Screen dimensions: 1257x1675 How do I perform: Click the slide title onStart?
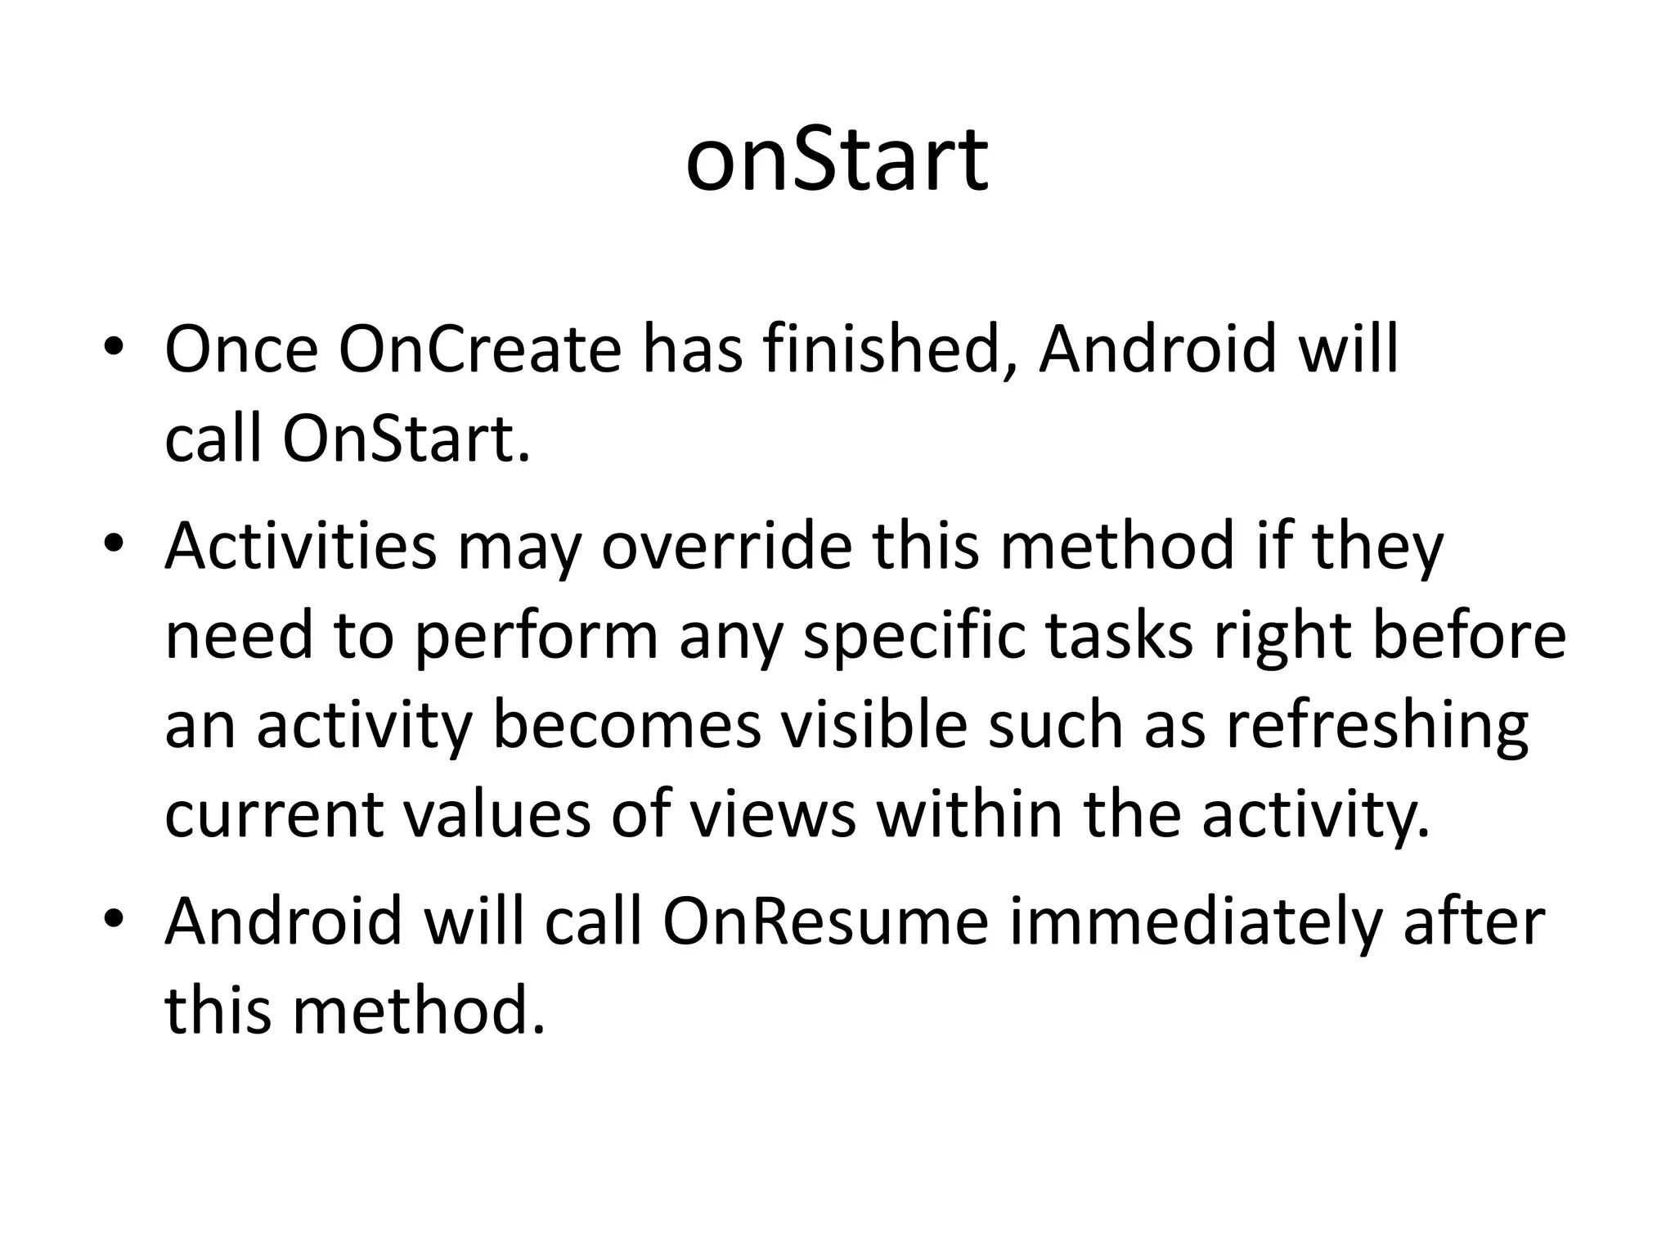coord(837,161)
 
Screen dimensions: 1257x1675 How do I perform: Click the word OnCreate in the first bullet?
coord(479,350)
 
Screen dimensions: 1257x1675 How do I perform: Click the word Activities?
coord(300,547)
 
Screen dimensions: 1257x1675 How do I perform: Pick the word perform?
coord(537,638)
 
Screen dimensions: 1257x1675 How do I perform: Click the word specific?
coord(914,638)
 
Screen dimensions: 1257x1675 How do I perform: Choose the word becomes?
coord(626,727)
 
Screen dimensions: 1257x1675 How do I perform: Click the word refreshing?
coord(1376,727)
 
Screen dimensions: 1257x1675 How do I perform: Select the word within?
coord(970,815)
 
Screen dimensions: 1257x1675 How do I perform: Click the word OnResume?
coord(825,922)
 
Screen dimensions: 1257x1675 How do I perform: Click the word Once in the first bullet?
coord(240,350)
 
